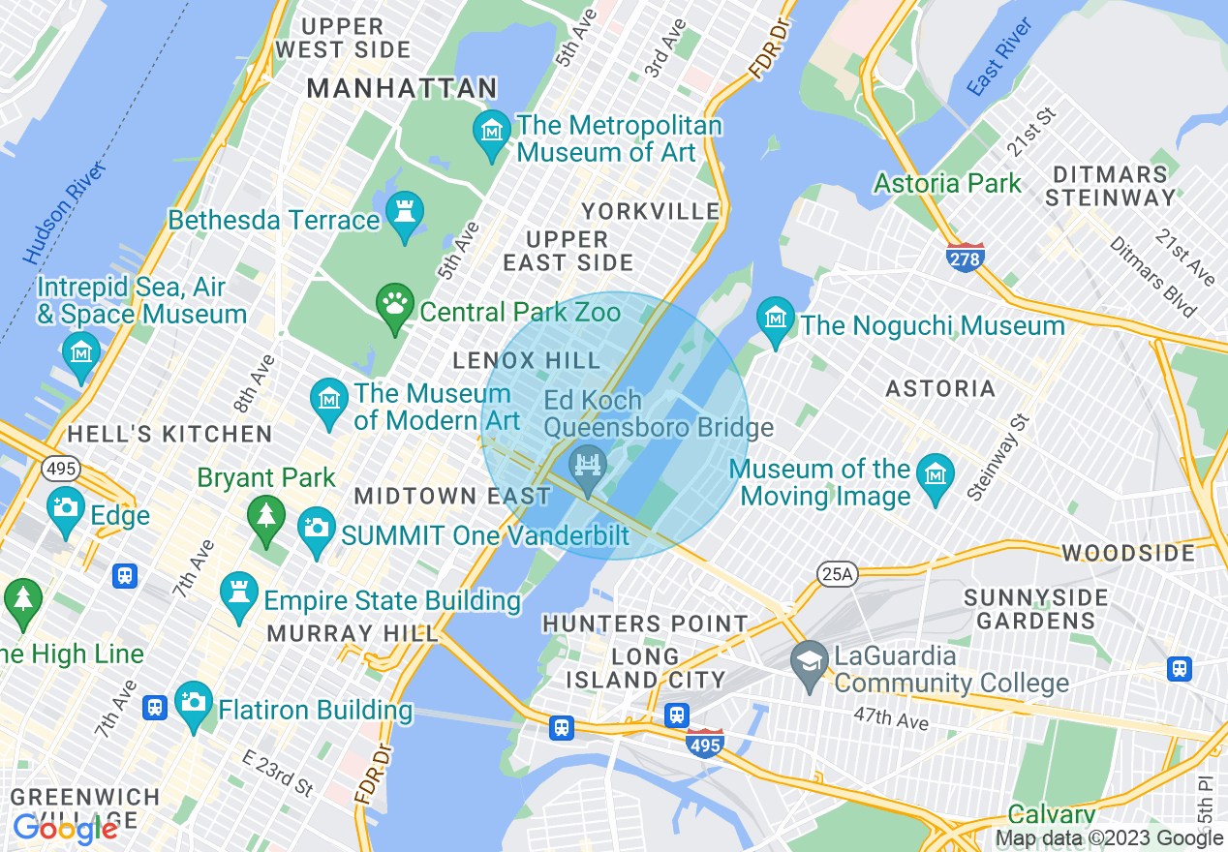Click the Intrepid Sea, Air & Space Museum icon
click(80, 352)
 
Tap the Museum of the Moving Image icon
click(936, 475)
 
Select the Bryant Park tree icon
click(265, 517)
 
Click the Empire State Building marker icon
click(238, 593)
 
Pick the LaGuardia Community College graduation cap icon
click(810, 663)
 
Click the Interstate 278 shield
click(966, 257)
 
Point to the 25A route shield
click(836, 574)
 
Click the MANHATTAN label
click(402, 88)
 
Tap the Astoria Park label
click(947, 183)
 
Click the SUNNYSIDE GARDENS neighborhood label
click(1035, 608)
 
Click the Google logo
click(65, 829)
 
